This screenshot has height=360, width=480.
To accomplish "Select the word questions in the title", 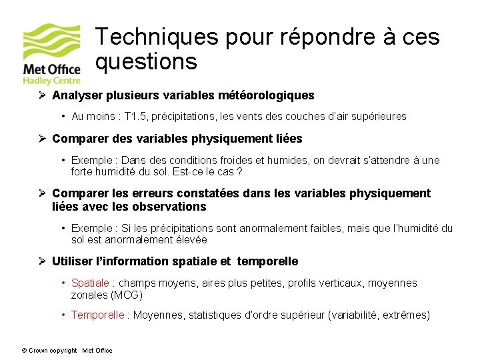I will click(x=146, y=62).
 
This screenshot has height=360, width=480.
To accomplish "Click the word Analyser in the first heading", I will click(x=75, y=95).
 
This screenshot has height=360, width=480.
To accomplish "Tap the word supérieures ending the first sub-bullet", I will click(x=379, y=117).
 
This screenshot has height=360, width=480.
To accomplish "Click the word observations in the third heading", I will click(x=170, y=207).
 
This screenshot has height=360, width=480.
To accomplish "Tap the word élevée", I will click(x=190, y=239).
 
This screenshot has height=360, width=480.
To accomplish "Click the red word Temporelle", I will click(x=97, y=315).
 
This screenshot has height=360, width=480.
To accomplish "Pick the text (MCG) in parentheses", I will click(x=127, y=295).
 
